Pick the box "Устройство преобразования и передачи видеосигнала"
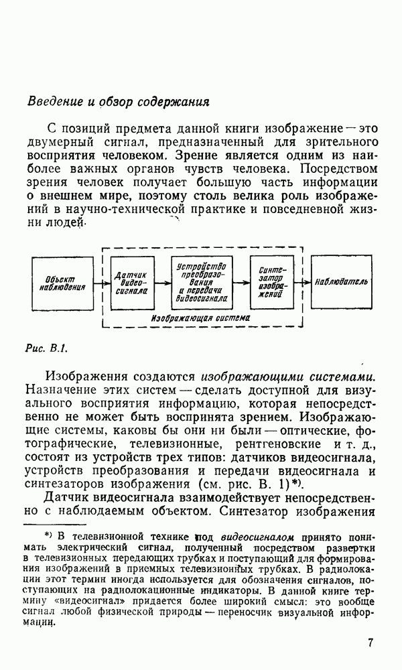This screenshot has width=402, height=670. coord(203,283)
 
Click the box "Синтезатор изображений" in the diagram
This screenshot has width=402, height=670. coord(271,283)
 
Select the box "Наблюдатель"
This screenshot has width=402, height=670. coord(342,283)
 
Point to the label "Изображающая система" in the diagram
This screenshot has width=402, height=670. coord(200,318)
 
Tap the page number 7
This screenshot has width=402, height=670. coord(371,643)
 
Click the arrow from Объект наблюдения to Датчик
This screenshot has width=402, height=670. coord(102,283)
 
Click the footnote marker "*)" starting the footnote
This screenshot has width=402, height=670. coord(48,535)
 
